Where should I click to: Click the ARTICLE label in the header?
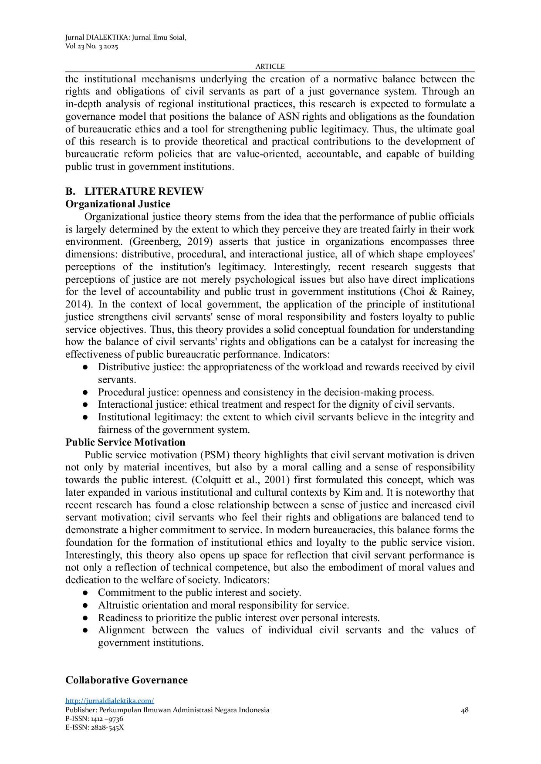(x=270, y=67)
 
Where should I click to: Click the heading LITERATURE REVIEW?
(x=144, y=192)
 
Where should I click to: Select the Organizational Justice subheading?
(x=118, y=204)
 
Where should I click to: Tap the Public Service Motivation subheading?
(x=125, y=443)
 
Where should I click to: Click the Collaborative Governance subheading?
(x=126, y=680)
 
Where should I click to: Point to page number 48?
(x=465, y=710)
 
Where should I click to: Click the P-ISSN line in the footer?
(x=94, y=719)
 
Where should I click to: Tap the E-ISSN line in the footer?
(x=95, y=727)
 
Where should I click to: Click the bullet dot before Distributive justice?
(x=85, y=368)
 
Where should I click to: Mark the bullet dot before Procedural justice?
(x=85, y=392)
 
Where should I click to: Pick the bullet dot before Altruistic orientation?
(x=85, y=605)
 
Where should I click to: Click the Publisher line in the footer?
(x=167, y=710)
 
